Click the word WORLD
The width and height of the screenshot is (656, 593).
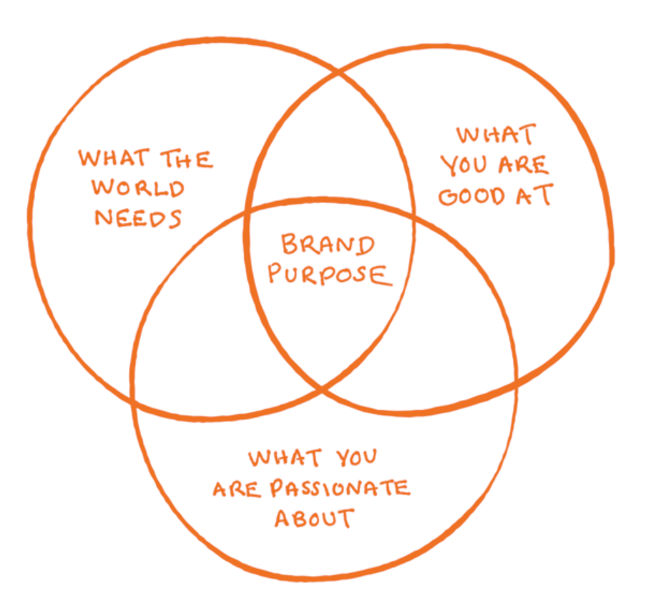pyautogui.click(x=138, y=189)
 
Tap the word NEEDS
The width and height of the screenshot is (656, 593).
pyautogui.click(x=138, y=217)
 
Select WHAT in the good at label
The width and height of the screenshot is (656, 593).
pyautogui.click(x=495, y=135)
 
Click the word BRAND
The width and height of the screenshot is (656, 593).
pyautogui.click(x=328, y=245)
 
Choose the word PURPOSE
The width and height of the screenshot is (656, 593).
pyautogui.click(x=330, y=275)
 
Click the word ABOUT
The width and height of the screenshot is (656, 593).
pyautogui.click(x=314, y=517)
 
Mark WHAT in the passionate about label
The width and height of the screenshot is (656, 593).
pyautogui.click(x=285, y=458)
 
